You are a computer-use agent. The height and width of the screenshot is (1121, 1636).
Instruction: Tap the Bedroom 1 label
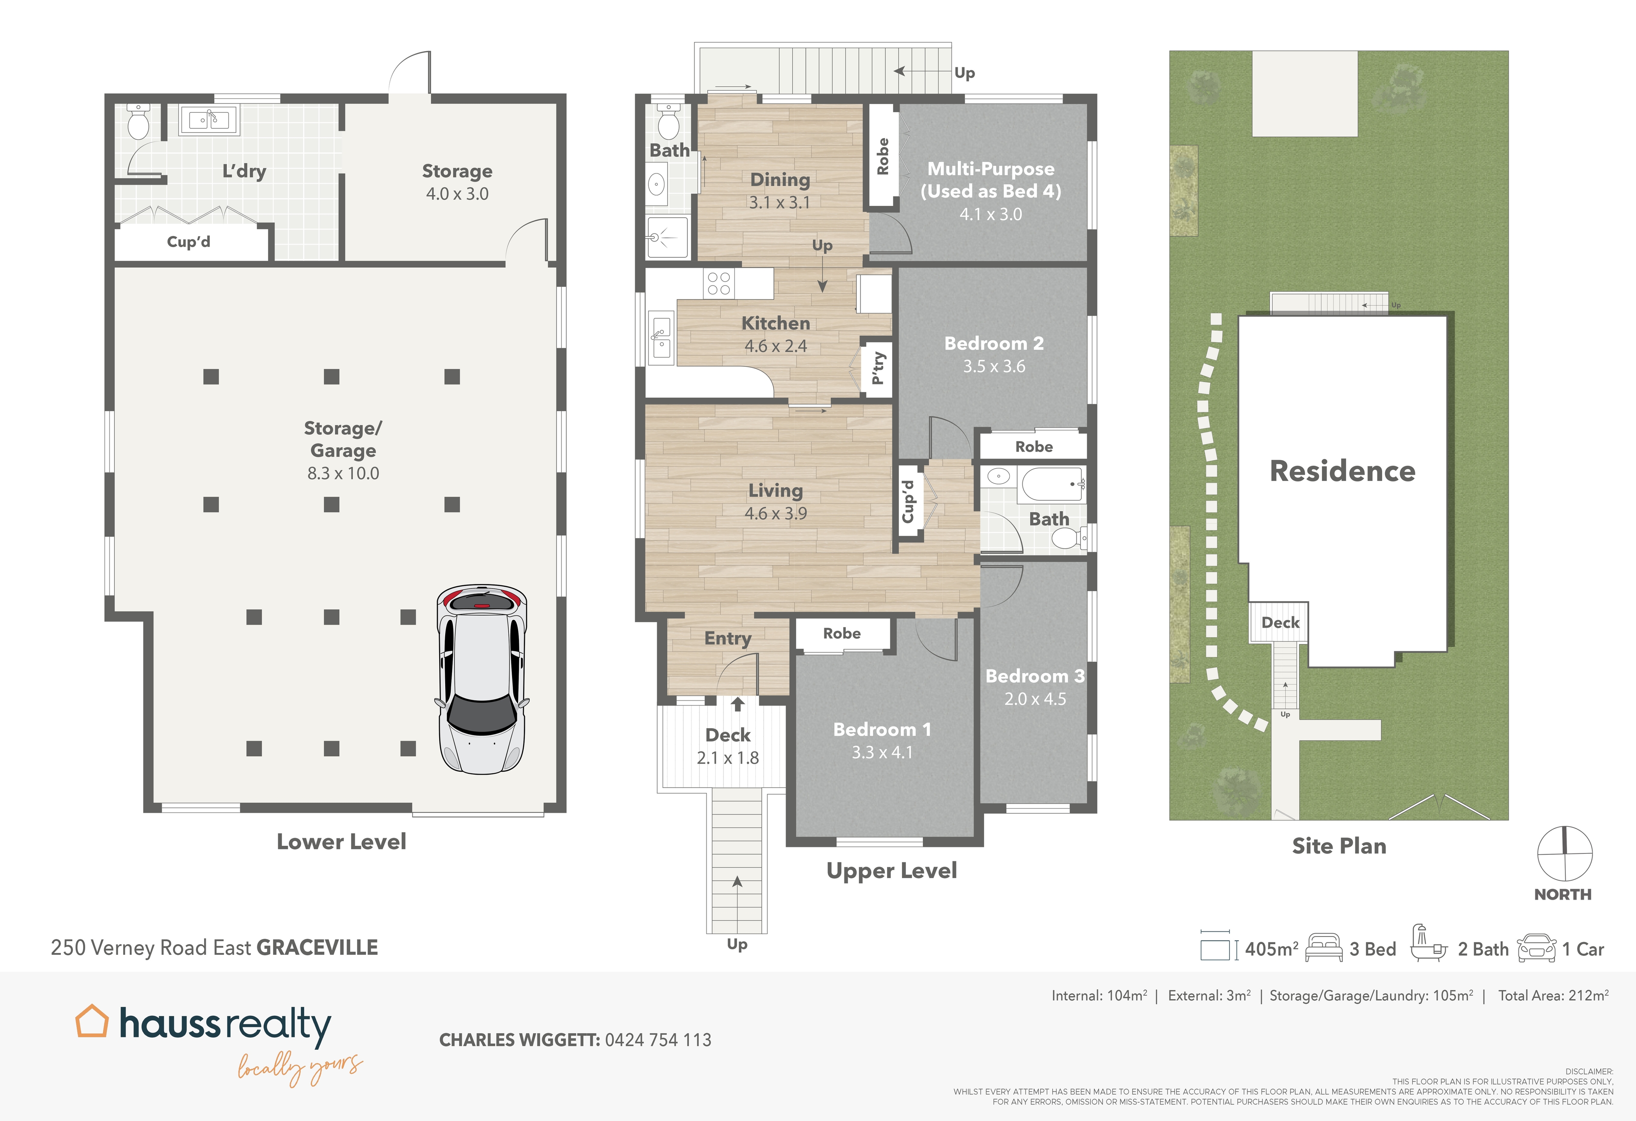click(x=881, y=729)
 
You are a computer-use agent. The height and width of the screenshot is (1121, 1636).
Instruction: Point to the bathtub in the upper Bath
click(x=1052, y=483)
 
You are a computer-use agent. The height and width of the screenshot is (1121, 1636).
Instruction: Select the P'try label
click(x=878, y=368)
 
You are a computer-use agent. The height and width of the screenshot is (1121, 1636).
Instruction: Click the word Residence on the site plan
click(x=1342, y=471)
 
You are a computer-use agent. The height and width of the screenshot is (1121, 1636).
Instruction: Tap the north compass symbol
click(x=1564, y=853)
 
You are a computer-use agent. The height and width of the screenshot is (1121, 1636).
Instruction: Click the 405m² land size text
click(x=1270, y=949)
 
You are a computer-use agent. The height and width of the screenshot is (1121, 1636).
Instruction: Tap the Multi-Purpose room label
click(x=991, y=169)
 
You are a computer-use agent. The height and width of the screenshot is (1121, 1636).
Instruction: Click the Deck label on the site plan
click(x=1280, y=622)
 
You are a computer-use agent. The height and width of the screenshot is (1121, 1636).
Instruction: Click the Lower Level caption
click(x=341, y=841)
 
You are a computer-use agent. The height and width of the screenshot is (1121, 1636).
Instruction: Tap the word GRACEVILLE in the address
click(x=317, y=948)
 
